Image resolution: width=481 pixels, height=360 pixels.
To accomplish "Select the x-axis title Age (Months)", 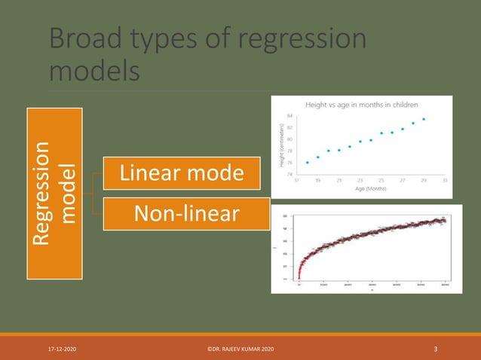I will coord(370,189).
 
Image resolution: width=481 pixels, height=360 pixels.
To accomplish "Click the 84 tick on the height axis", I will coord(290,117).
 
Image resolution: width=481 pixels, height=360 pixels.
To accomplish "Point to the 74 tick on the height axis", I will coord(290,174).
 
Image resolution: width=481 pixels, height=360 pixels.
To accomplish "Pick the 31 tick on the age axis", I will coord(445,181).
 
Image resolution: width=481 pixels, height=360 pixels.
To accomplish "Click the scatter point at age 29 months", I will coord(424,119).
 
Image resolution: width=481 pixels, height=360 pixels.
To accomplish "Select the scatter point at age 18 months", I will coord(308,162).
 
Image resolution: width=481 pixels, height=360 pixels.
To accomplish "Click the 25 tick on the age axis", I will coord(381,181).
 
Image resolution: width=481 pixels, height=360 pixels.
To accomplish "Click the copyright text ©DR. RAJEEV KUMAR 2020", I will coord(240,349).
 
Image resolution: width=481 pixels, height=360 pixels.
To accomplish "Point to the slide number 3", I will coord(436,349).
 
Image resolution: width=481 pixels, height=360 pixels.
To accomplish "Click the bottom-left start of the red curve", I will coord(299,278).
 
